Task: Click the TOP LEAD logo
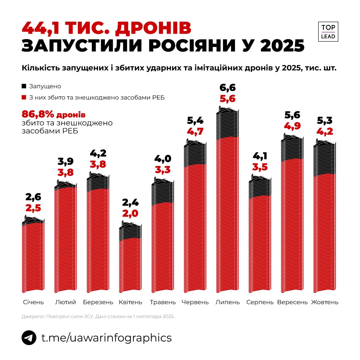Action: coord(328,32)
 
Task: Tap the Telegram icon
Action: coord(29,338)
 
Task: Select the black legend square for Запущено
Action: coord(24,86)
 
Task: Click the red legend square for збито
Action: coord(24,98)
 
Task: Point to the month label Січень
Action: coord(33,302)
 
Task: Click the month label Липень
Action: coord(228,302)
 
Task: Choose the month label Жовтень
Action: coord(325,302)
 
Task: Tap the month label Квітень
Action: coord(130,302)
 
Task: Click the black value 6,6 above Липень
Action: coord(228,88)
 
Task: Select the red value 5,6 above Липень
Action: coord(228,99)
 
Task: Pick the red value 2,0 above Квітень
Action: coord(130,213)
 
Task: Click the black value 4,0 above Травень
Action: coord(163,158)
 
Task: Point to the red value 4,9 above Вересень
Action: coord(292,126)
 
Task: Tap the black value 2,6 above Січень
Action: coord(33,197)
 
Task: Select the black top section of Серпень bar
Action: coord(260,188)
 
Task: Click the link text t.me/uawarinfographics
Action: coord(106,338)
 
